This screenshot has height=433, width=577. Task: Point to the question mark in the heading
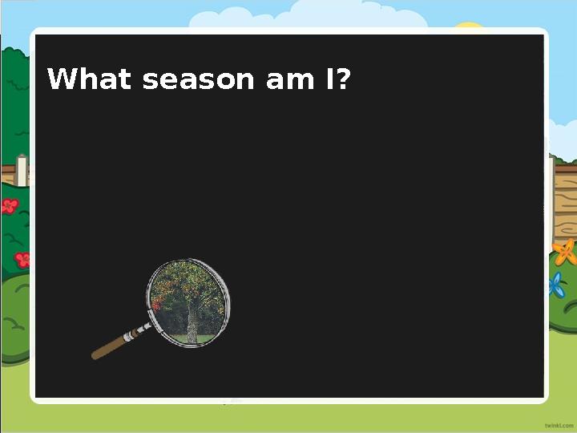point(343,80)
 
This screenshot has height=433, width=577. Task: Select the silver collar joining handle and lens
point(143,328)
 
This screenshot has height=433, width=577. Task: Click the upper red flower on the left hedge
point(10,206)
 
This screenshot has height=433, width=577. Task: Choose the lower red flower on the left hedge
point(22,259)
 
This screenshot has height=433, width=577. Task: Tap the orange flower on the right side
point(564,253)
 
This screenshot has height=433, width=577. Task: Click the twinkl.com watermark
point(558,423)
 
